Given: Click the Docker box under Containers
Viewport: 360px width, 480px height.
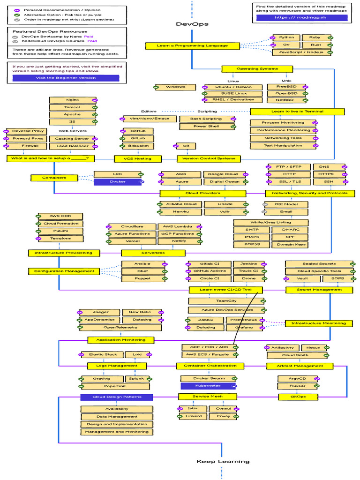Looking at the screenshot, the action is tap(118, 182).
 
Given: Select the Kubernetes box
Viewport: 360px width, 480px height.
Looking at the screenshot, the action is tap(208, 386).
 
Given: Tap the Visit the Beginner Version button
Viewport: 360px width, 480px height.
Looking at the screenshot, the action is tap(66, 78).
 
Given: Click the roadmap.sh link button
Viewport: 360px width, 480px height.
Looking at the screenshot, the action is tap(302, 17).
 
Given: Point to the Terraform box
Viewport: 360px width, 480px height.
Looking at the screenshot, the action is tap(60, 239).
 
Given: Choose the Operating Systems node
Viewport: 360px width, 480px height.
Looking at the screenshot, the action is tap(257, 69).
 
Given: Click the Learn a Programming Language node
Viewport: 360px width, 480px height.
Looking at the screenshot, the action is tap(192, 45).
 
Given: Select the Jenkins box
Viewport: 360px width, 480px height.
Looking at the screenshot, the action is tap(249, 264).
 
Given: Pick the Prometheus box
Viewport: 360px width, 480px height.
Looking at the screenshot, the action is tap(244, 320).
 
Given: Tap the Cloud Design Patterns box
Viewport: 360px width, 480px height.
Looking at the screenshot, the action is tap(117, 397).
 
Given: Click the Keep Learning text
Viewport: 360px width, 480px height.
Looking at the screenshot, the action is tap(223, 461).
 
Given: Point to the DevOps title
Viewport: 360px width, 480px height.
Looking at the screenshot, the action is tap(192, 24).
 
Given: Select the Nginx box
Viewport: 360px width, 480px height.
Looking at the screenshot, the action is tap(73, 100).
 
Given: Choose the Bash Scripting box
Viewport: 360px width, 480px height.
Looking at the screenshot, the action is tap(207, 119).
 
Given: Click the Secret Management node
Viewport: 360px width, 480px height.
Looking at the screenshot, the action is tap(319, 290).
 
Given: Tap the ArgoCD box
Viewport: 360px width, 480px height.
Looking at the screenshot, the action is tap(298, 379).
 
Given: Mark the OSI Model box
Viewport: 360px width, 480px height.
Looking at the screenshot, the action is tap(286, 204).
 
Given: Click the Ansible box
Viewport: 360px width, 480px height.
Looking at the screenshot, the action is tap(143, 264).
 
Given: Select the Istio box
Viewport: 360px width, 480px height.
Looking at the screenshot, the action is tap(193, 409).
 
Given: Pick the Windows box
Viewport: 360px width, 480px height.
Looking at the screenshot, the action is tap(175, 87).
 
